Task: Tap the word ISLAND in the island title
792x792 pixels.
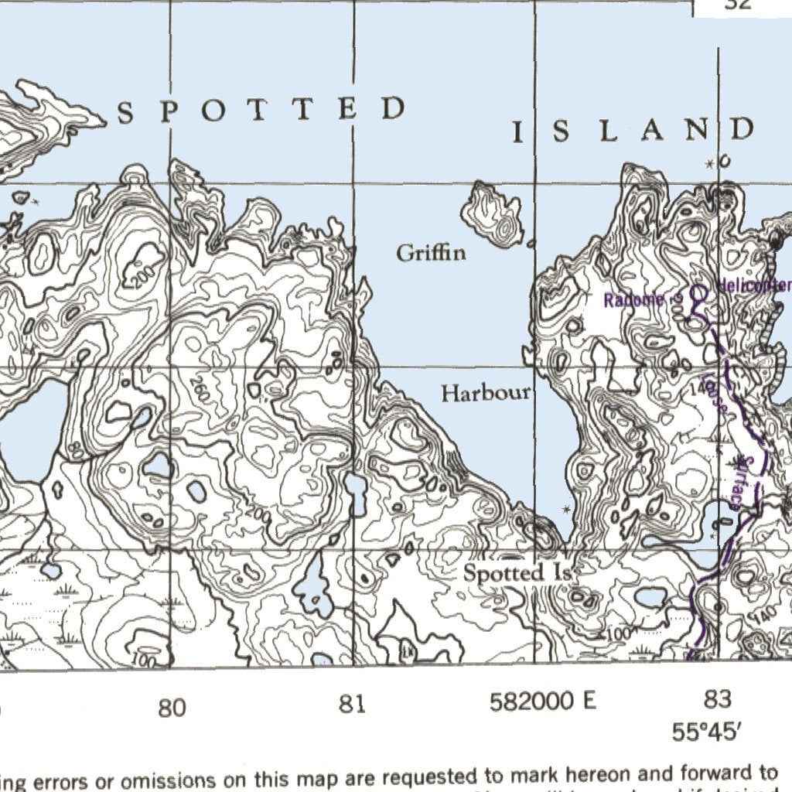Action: coord(633,131)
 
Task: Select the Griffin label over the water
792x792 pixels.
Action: coord(431,253)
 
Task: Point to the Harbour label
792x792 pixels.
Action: coord(486,393)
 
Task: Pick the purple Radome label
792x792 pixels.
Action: coord(633,300)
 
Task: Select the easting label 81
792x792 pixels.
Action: coord(352,705)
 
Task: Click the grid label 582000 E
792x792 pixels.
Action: coord(543,702)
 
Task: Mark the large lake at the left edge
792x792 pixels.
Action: coord(29,429)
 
